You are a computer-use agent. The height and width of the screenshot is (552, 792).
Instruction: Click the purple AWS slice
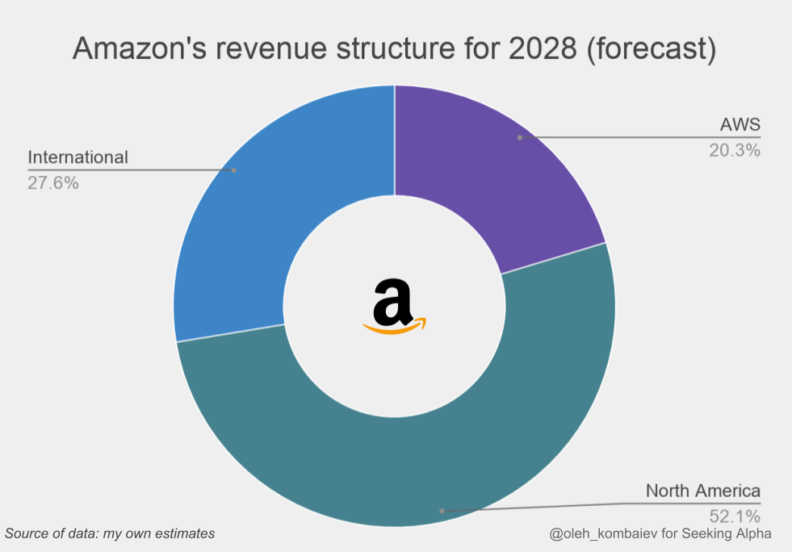coord(484,178)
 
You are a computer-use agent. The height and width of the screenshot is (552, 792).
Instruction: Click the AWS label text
coord(740,125)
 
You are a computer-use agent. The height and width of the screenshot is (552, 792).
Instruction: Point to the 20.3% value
coord(735,149)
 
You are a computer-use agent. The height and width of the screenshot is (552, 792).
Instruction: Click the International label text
coord(78,157)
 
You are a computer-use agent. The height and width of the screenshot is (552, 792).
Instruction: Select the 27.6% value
coord(53,182)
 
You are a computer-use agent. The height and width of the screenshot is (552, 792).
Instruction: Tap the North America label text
coord(702,491)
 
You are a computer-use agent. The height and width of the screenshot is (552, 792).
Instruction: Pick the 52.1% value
coord(735,515)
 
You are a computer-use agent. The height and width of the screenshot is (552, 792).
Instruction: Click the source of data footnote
coord(110,533)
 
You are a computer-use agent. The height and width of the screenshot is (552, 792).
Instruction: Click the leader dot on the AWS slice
coord(520,137)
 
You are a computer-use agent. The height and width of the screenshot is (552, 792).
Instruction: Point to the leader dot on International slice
coord(234,170)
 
